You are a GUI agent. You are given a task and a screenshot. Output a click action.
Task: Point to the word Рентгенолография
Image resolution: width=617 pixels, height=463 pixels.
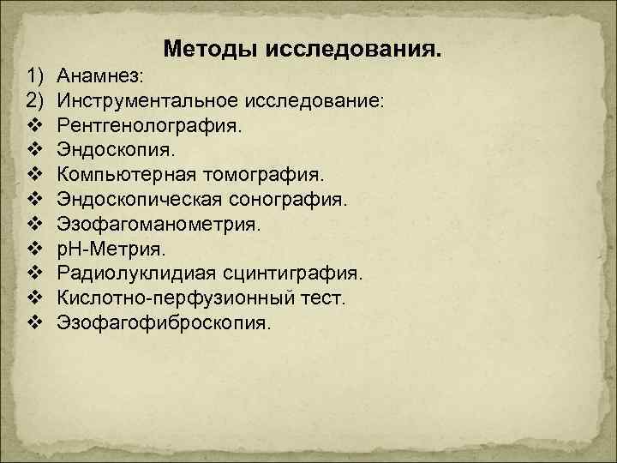click(150, 126)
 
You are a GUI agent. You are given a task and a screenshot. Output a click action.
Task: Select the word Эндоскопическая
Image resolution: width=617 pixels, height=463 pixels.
click(141, 200)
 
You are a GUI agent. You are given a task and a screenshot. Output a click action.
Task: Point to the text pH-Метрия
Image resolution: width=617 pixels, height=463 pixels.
click(111, 250)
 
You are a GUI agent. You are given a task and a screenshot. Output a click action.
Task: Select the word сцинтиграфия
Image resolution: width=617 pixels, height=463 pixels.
click(292, 274)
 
